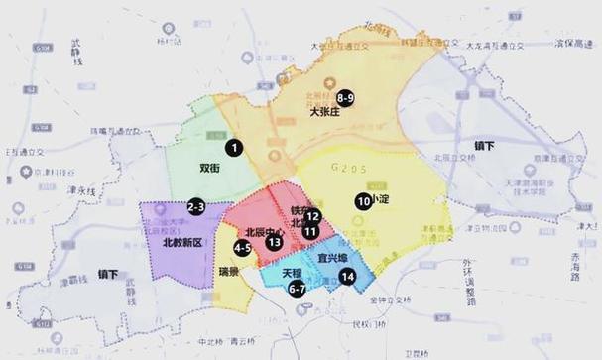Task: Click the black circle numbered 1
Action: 234,148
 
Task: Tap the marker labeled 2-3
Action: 196,206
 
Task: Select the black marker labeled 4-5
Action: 242,247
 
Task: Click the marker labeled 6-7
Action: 297,289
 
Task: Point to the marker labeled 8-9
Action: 345,98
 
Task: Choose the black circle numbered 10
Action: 363,200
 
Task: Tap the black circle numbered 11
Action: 310,231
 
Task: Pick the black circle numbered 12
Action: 311,216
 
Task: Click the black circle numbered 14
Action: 347,278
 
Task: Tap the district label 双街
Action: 210,169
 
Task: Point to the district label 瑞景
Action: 229,270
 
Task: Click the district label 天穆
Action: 291,271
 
